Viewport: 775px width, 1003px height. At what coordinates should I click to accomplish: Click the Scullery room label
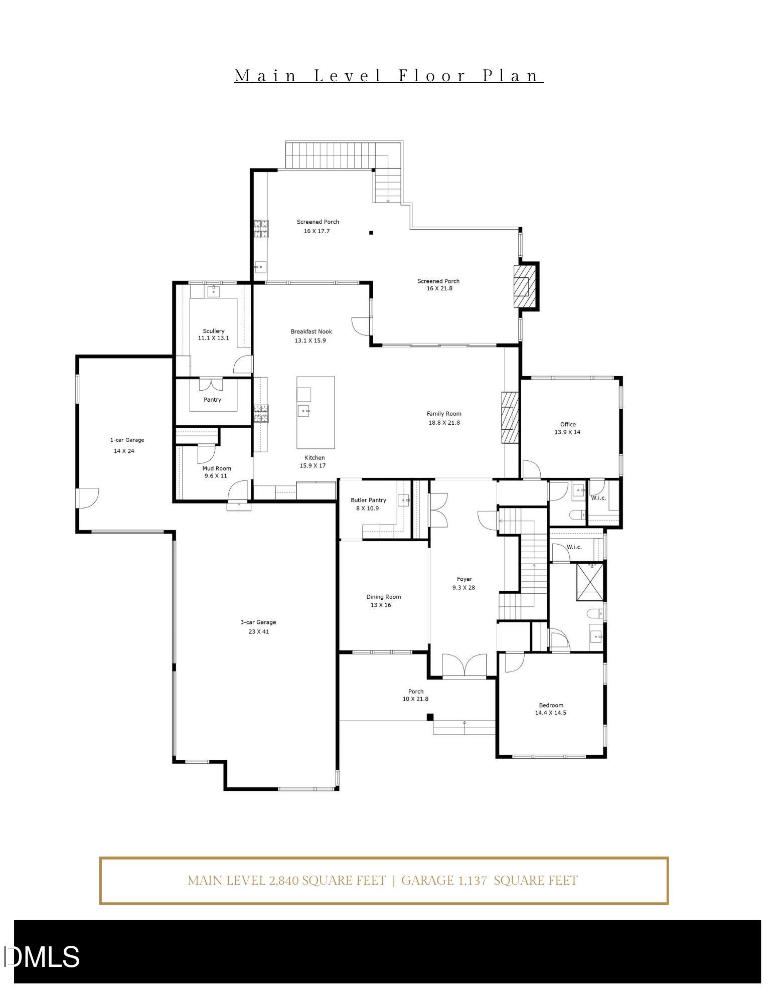coord(214,331)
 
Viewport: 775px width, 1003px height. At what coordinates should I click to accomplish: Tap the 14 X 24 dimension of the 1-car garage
coord(124,451)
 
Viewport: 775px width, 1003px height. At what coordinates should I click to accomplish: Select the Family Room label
coord(444,414)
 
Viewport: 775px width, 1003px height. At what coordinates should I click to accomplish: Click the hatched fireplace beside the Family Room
coord(510,417)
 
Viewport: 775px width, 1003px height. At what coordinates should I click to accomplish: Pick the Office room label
coord(568,424)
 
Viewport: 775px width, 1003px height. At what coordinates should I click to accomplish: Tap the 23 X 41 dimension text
coord(258,631)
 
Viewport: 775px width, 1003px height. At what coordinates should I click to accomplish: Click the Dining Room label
coord(384,597)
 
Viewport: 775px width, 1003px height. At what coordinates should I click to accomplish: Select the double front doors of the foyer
coord(464,666)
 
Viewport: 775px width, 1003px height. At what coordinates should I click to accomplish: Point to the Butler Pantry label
coord(368,500)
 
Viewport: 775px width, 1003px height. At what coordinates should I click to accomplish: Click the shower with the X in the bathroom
coord(589,582)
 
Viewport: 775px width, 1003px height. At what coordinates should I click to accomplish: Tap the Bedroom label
coord(551,705)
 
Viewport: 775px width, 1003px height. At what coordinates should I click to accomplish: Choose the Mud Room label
coord(217,468)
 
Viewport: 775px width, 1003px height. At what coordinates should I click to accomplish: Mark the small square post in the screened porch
coord(371,233)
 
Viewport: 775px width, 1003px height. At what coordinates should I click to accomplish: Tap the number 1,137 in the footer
coord(472,880)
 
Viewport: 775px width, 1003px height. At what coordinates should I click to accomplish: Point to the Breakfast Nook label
coord(311,331)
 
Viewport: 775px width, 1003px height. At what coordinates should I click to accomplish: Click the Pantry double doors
coord(211,385)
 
